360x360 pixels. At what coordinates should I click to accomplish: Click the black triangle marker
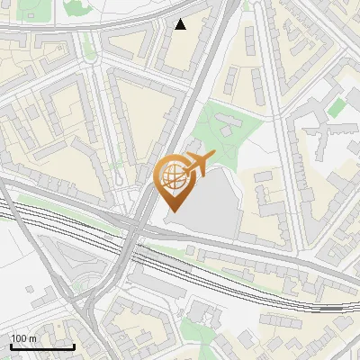[x=181, y=24]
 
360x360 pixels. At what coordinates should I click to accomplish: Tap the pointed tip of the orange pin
[x=172, y=211]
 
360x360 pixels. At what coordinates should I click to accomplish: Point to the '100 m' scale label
[x=24, y=338]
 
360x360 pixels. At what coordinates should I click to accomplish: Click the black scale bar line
[x=41, y=346]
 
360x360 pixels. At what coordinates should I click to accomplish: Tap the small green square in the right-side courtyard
[x=336, y=108]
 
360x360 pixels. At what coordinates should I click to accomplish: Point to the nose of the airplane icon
[x=212, y=157]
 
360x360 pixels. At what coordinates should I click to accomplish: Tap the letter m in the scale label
[x=32, y=338]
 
